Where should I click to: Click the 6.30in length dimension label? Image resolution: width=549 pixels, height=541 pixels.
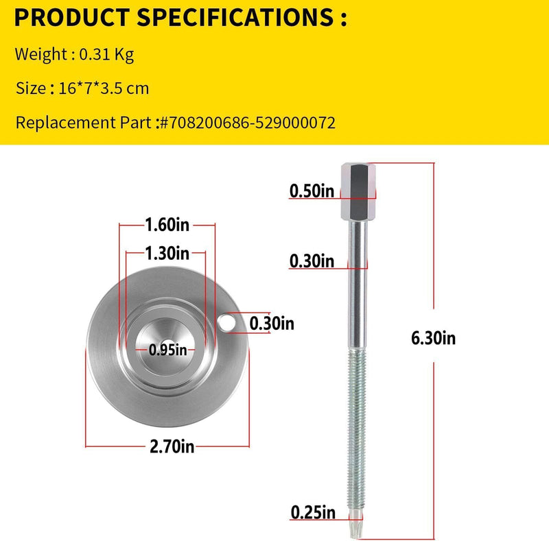pos(433,338)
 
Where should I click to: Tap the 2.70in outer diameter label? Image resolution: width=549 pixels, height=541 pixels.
pos(172,446)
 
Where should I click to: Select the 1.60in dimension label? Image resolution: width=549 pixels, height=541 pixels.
pos(167,224)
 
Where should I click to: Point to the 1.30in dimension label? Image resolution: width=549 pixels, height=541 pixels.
pos(167,253)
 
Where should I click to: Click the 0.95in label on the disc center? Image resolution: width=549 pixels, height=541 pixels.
pos(167,350)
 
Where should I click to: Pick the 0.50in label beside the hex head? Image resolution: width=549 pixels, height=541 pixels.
pos(312,191)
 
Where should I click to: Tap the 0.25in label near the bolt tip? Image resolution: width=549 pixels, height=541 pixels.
pos(313,513)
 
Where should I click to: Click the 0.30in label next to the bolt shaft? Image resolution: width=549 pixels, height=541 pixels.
pos(312,261)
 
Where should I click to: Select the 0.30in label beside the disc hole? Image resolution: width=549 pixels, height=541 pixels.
pos(272,324)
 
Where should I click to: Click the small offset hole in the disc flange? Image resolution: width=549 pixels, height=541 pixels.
pos(226,322)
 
